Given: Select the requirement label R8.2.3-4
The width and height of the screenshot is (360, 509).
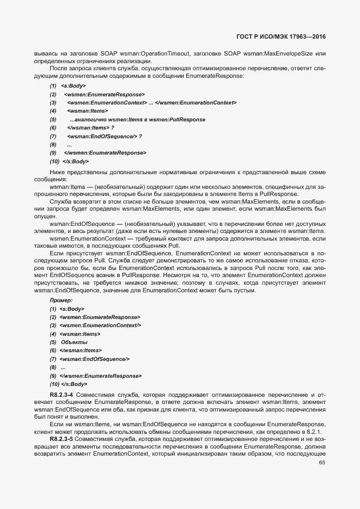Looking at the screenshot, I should click(62, 394).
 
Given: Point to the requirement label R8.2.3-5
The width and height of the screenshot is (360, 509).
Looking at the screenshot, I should click(62, 438).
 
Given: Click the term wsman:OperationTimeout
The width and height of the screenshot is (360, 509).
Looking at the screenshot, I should click(157, 53).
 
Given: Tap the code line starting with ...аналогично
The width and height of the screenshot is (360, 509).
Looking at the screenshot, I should click(137, 119).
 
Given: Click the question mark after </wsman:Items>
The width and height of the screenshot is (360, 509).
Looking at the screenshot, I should click(113, 127).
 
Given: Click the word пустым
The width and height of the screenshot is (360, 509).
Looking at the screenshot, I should click(243, 290).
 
